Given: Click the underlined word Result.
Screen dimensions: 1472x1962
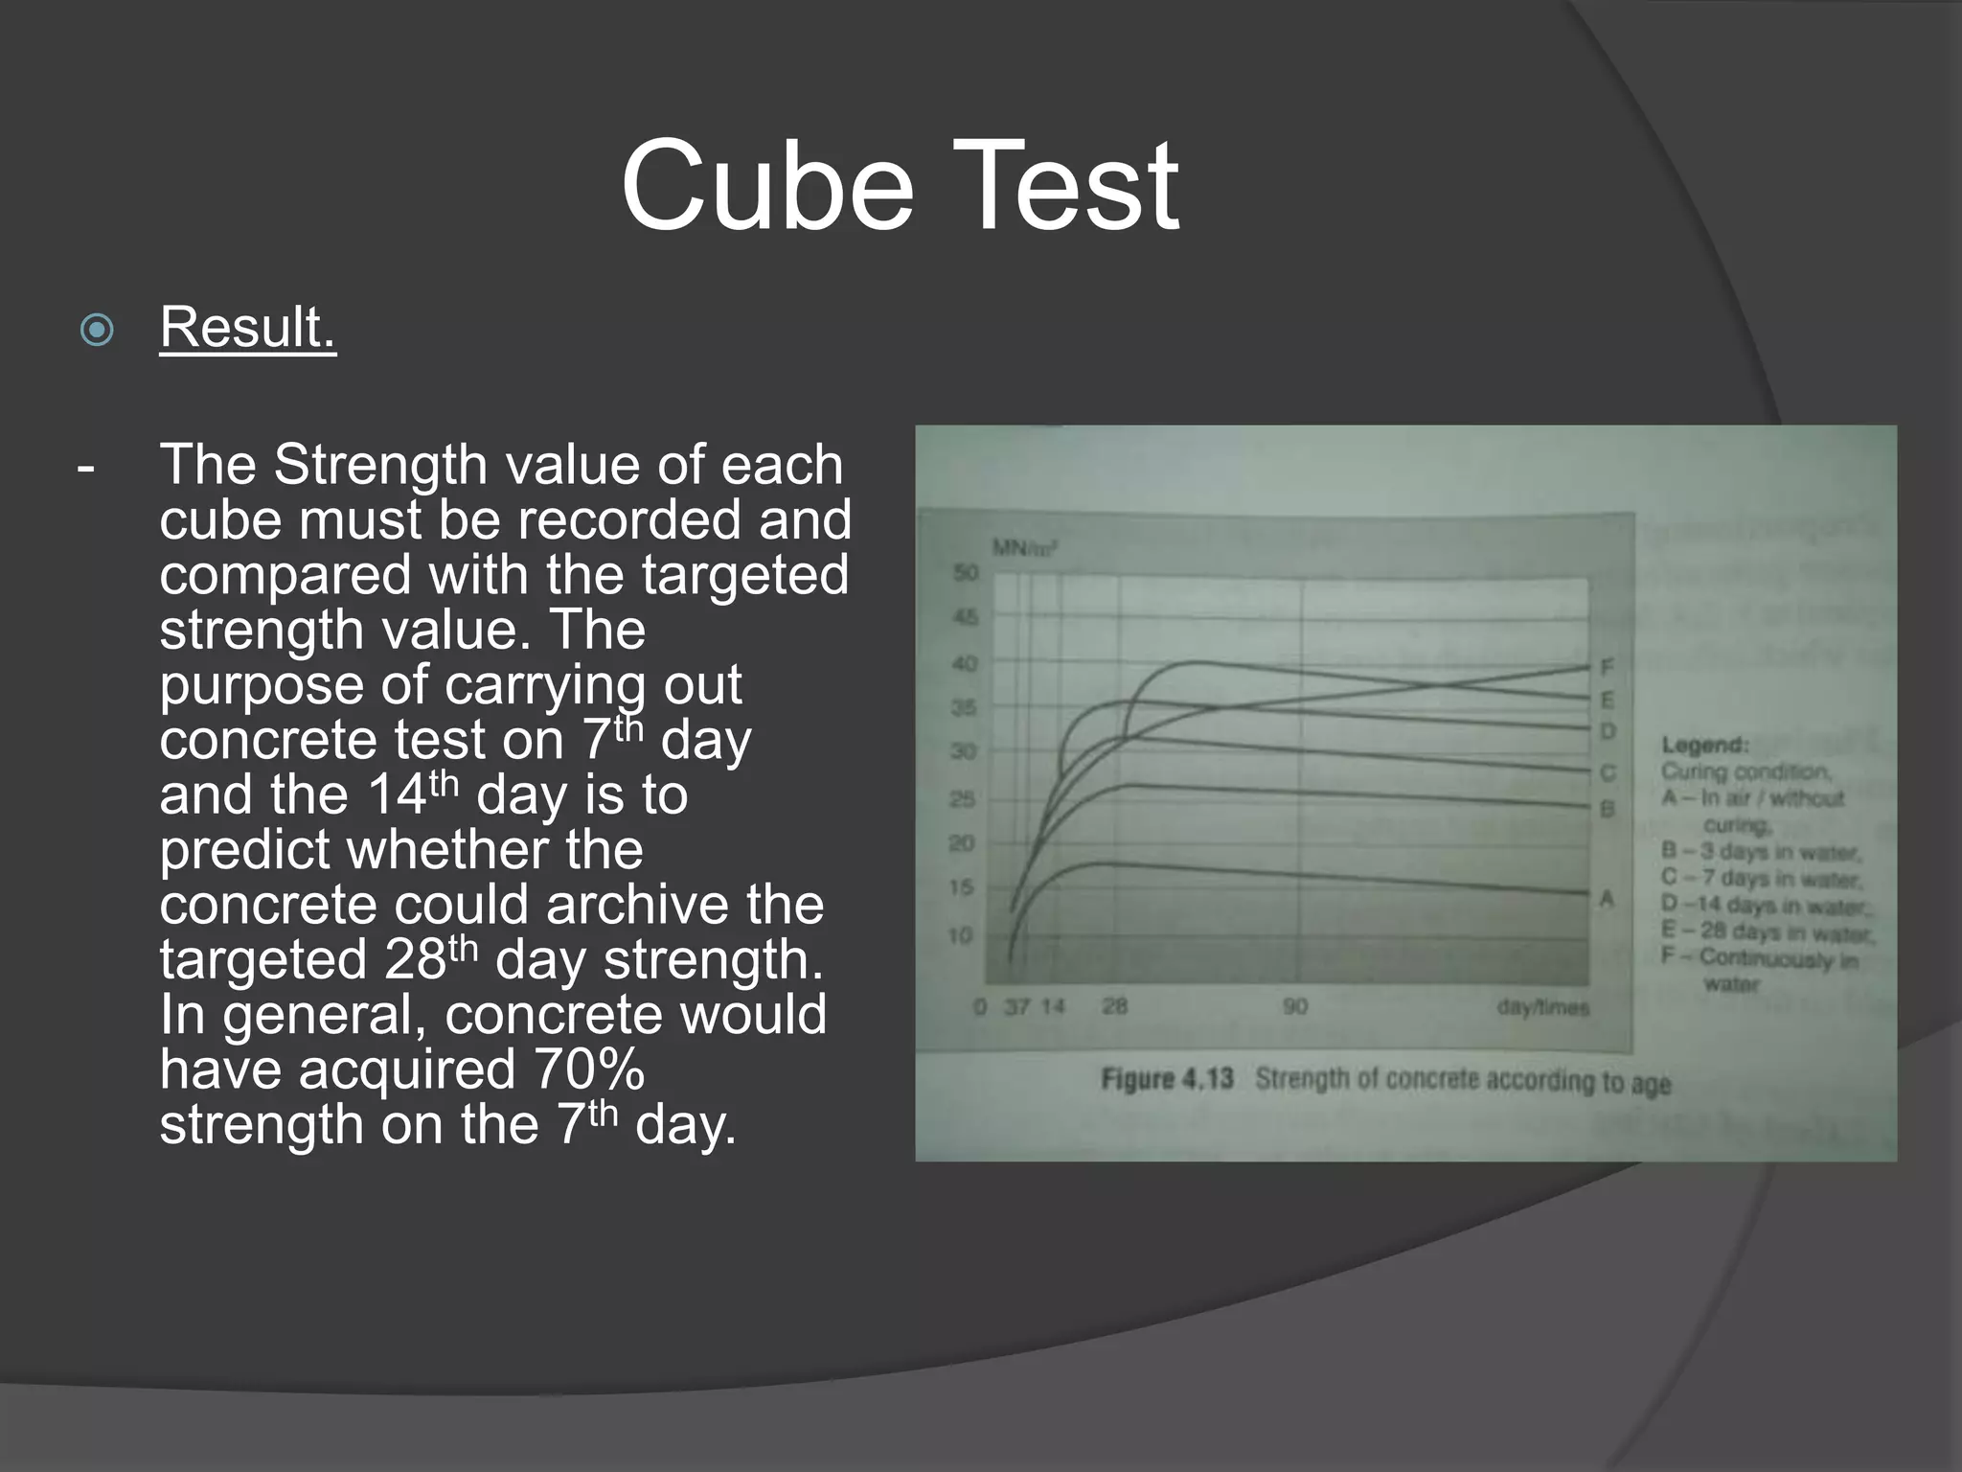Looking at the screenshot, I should click(x=248, y=327).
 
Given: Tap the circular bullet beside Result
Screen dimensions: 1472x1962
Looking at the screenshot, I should click(x=97, y=331).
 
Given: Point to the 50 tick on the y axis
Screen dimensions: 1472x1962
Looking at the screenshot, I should click(x=965, y=573).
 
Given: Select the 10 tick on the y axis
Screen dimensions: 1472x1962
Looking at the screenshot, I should click(x=960, y=934).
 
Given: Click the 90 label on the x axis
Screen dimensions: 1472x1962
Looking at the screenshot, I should click(x=1294, y=1007).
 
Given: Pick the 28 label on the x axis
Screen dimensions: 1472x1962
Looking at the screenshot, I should click(x=1115, y=1007).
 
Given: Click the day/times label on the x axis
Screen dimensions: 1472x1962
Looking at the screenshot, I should click(x=1542, y=1008).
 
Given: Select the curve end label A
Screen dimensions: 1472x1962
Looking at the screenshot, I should click(x=1607, y=899).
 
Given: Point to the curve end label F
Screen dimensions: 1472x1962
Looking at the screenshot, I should click(x=1608, y=667).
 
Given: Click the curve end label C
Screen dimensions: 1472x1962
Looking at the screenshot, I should click(x=1608, y=772).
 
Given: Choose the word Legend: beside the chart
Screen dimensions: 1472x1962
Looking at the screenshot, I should click(x=1705, y=745).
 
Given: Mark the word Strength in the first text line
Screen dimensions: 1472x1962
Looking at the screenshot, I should click(x=380, y=465).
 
